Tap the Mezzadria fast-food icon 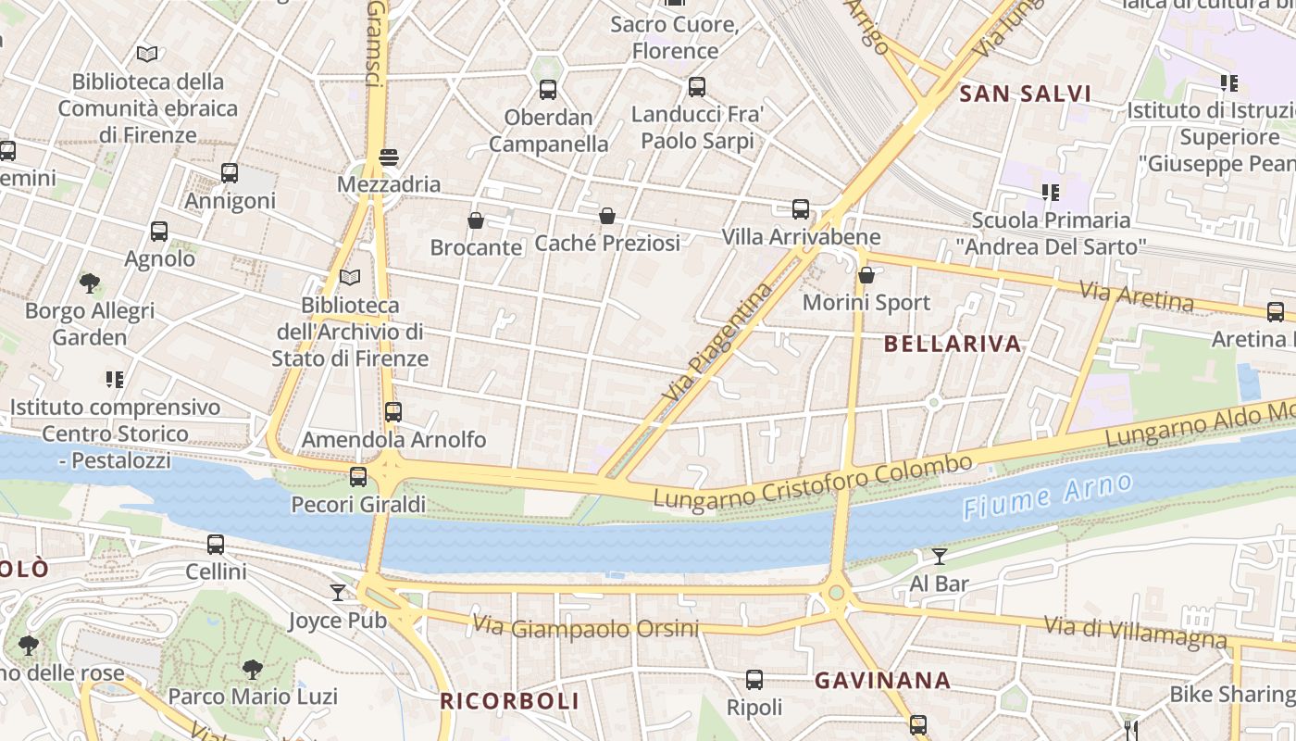(x=389, y=157)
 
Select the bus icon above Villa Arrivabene (x=801, y=209)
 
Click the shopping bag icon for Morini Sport (x=866, y=275)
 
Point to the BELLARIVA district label (x=953, y=344)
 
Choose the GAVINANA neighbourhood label (x=882, y=681)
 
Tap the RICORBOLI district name (x=509, y=701)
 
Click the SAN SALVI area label (x=1025, y=94)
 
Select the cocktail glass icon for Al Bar (x=940, y=556)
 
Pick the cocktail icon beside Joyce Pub (x=338, y=593)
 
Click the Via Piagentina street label (x=717, y=343)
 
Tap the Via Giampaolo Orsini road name (x=585, y=628)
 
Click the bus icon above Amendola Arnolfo (x=393, y=412)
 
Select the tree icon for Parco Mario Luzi (x=252, y=669)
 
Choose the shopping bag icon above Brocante (x=476, y=220)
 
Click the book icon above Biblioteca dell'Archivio (x=349, y=277)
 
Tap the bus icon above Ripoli (x=754, y=680)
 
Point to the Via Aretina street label (x=1137, y=296)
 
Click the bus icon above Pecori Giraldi (x=358, y=477)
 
